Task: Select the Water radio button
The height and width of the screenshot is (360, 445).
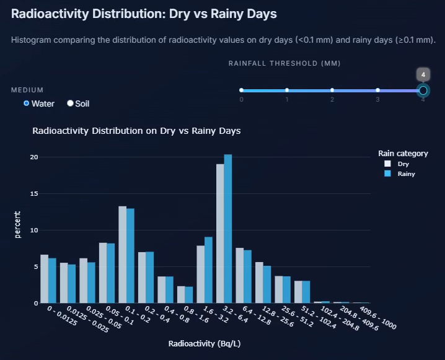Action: (x=27, y=103)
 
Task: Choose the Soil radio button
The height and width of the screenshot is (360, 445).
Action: (x=71, y=103)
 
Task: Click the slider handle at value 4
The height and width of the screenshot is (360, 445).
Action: (x=423, y=90)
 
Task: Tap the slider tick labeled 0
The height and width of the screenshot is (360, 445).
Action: (x=242, y=90)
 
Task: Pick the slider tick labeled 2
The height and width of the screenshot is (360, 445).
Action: (x=332, y=90)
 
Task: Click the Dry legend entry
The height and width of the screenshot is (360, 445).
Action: (x=397, y=164)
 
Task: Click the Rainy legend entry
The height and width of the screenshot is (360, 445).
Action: (x=399, y=174)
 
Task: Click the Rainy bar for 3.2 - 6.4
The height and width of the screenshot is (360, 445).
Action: (x=228, y=229)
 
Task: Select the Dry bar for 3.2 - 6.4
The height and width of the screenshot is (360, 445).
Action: (x=220, y=234)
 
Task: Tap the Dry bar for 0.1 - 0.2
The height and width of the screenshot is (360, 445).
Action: (x=123, y=255)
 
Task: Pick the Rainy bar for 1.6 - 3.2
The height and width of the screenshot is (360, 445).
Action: (x=208, y=270)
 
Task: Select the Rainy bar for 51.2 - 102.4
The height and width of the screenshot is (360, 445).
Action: (x=306, y=292)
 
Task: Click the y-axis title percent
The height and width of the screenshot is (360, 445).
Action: (x=17, y=225)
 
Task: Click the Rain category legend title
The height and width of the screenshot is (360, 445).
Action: (x=403, y=154)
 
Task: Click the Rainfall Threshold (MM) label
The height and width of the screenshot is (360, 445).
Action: (x=284, y=63)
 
